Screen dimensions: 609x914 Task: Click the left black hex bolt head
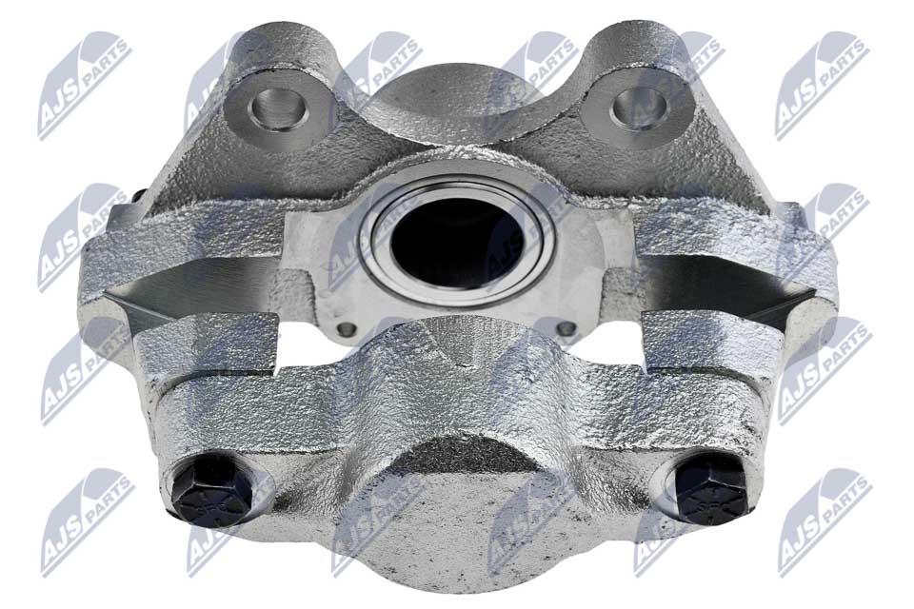coord(211,490)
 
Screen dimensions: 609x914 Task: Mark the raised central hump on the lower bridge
coord(457,362)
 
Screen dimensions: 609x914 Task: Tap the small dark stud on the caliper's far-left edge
coord(138,197)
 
